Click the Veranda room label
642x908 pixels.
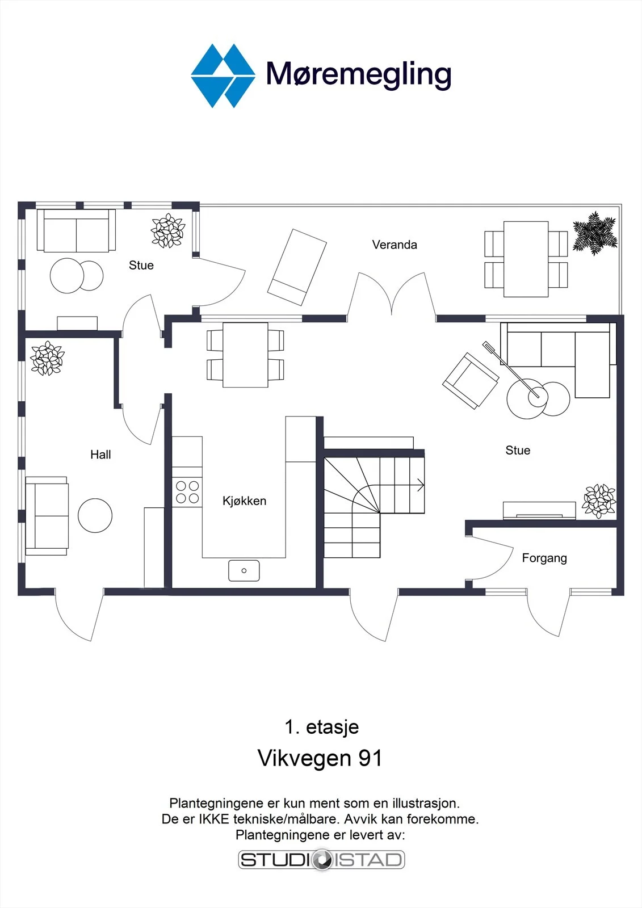coord(395,245)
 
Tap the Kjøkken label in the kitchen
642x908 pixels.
coord(244,501)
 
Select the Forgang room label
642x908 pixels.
coord(544,558)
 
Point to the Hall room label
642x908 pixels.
coord(100,455)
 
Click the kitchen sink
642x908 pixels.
coord(244,570)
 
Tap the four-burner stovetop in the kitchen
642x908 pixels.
coord(187,492)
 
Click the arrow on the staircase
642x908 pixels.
coord(421,485)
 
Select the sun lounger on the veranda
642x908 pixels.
coord(297,267)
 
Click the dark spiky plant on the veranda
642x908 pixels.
coord(595,233)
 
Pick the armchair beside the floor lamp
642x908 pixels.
coord(471,381)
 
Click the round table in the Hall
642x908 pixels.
coord(95,515)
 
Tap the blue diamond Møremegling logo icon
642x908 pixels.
coord(223,76)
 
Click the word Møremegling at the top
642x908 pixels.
coord(359,74)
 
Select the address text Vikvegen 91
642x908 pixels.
coord(320,758)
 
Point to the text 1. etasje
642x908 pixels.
coord(322,726)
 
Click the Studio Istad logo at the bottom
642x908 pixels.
coord(322,859)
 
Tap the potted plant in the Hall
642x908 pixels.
coord(48,358)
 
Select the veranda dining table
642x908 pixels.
coord(526,259)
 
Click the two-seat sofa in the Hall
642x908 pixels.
coord(47,516)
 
